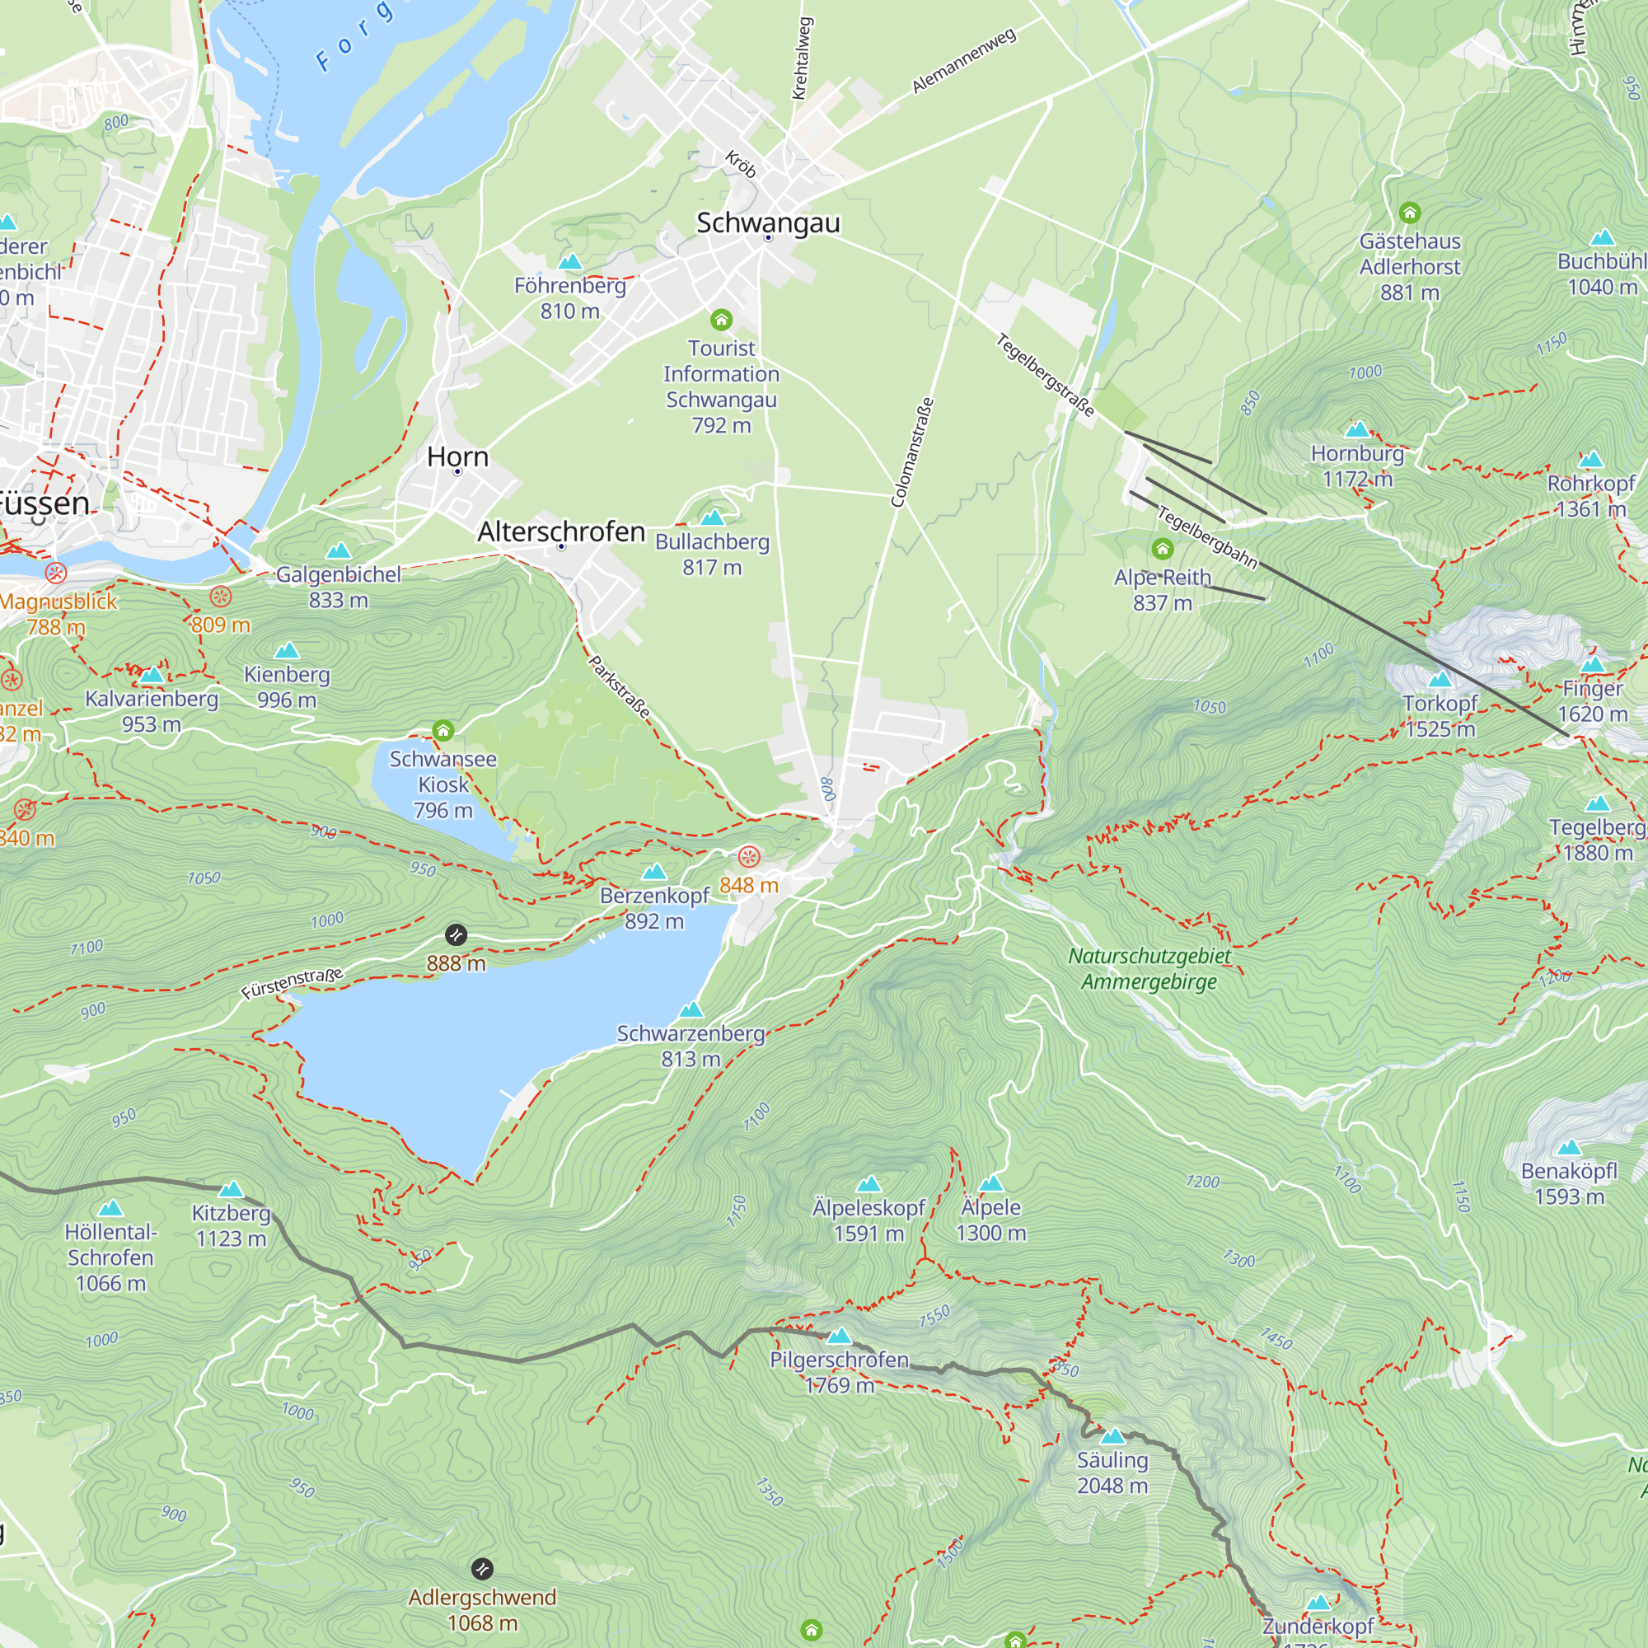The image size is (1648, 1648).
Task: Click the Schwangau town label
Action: [x=768, y=222]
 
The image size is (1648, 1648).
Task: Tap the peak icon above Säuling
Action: [x=1112, y=1436]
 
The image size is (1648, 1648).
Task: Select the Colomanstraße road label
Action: [x=912, y=453]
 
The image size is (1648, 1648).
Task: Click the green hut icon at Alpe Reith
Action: [x=1162, y=549]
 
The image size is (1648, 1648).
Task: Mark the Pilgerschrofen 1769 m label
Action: [x=840, y=1373]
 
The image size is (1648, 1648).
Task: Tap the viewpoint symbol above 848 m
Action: [x=748, y=856]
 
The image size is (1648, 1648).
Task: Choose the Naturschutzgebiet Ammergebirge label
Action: [x=1149, y=969]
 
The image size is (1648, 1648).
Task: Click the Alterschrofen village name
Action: [x=561, y=531]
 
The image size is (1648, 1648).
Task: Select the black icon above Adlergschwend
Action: [x=482, y=1569]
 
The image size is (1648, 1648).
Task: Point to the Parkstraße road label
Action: [x=620, y=686]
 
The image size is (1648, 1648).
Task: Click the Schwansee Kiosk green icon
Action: [x=442, y=730]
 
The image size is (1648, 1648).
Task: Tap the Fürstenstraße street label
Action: [x=292, y=984]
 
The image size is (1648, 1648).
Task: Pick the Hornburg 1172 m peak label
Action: [x=1356, y=466]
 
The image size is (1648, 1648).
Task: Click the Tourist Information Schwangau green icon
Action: [x=722, y=320]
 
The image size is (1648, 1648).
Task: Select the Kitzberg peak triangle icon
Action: [x=232, y=1189]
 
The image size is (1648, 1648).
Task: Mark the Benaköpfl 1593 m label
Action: [x=1569, y=1183]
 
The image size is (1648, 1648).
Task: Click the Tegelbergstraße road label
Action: [x=1045, y=375]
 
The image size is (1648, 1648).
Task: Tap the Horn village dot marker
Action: [x=458, y=471]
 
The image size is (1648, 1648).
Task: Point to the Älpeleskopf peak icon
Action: [x=868, y=1184]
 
